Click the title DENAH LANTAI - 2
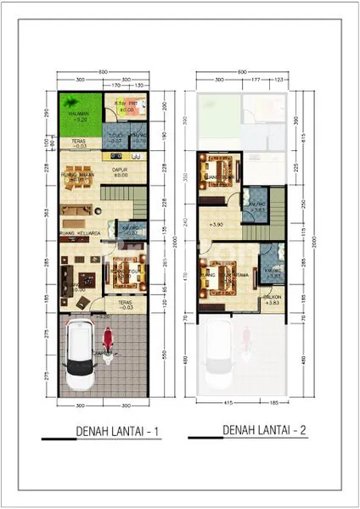[264, 431]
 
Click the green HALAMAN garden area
[77, 115]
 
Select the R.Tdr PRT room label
[127, 105]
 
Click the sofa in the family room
[76, 211]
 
